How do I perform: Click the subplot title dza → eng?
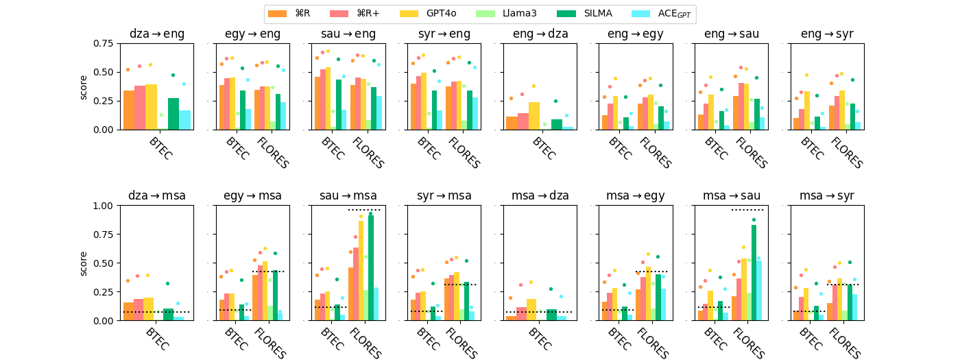(x=156, y=34)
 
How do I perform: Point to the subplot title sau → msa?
(x=348, y=195)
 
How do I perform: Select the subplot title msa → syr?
(x=828, y=195)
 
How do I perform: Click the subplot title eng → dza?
(x=540, y=34)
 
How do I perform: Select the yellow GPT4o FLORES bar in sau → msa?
(x=361, y=270)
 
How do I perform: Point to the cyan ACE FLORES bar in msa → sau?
(x=758, y=280)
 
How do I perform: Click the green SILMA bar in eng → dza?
(x=557, y=124)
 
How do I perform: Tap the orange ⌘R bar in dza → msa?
(x=129, y=311)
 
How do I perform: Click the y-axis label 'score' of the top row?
(x=84, y=86)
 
